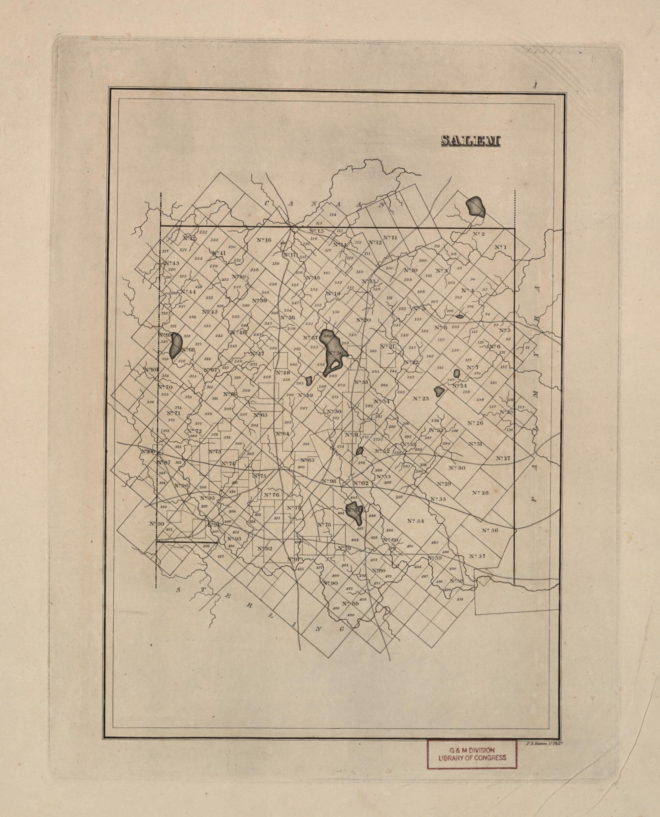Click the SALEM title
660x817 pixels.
pyautogui.click(x=471, y=141)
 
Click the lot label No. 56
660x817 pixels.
pyautogui.click(x=489, y=530)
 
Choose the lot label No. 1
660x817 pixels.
pyautogui.click(x=501, y=247)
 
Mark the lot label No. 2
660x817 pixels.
pyautogui.click(x=478, y=234)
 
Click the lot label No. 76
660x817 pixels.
pyautogui.click(x=271, y=495)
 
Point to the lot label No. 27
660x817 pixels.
pyautogui.click(x=503, y=458)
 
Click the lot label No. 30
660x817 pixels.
pyautogui.click(x=457, y=468)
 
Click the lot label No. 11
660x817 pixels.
pyautogui.click(x=390, y=237)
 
